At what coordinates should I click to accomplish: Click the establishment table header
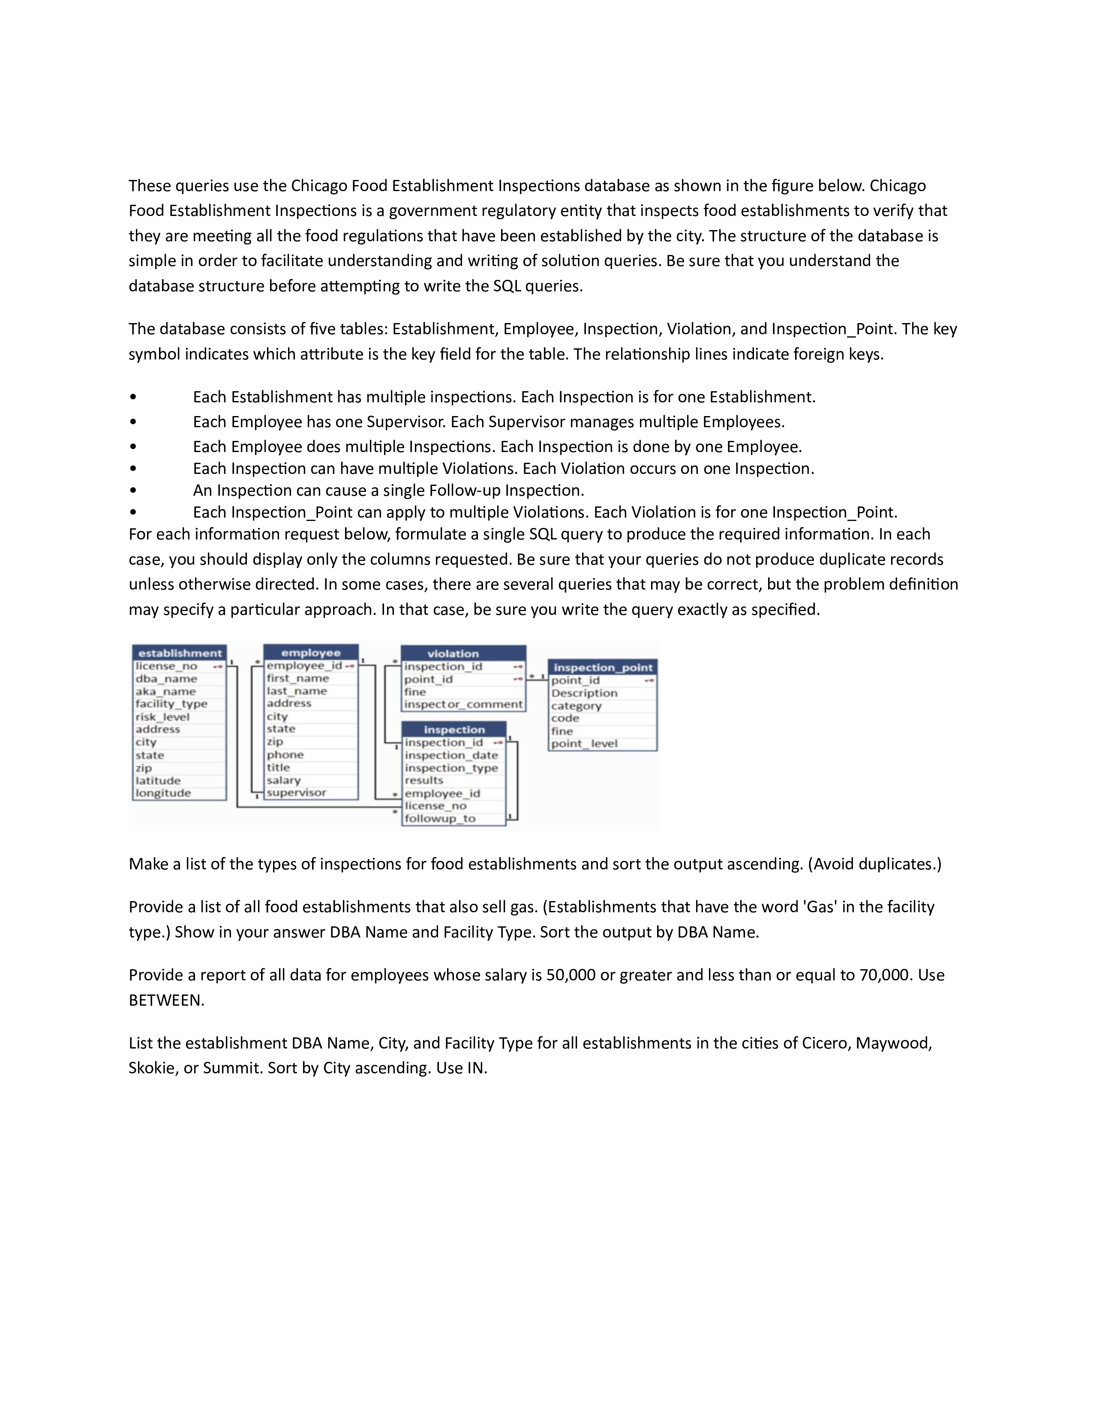coord(179,653)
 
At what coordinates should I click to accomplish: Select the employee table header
coord(311,653)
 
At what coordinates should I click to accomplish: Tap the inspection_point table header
coord(603,667)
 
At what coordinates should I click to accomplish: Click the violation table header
coord(453,653)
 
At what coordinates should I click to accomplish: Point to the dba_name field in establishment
coord(166,679)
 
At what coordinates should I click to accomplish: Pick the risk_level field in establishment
coord(162,717)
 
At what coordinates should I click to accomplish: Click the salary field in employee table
coord(284,780)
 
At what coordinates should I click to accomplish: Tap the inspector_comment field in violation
coord(463,704)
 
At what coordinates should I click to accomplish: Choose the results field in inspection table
coord(424,780)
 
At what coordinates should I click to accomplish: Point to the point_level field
coord(584,743)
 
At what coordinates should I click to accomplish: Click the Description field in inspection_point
coord(584,693)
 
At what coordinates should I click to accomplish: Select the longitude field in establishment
coord(163,793)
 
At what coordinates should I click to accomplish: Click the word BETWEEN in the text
coord(166,1000)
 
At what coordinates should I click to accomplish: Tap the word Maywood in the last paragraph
coord(893,1043)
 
